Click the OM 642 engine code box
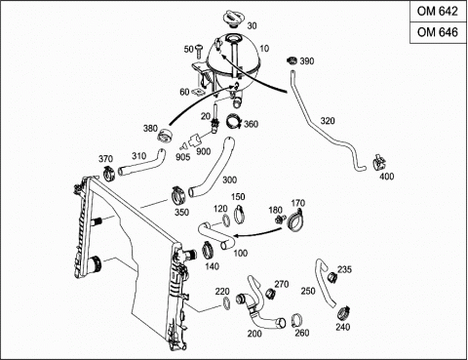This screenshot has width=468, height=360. click(x=438, y=12)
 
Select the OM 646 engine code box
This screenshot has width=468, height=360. click(x=438, y=32)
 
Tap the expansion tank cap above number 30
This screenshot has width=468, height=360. click(x=232, y=20)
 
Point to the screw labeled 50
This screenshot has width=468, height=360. click(x=198, y=51)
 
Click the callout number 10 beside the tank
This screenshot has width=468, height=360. click(x=264, y=49)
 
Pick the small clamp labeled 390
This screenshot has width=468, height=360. click(x=292, y=60)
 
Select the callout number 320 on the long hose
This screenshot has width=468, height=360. click(x=328, y=121)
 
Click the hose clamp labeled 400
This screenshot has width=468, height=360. click(x=378, y=162)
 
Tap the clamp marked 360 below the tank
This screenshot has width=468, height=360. click(x=234, y=121)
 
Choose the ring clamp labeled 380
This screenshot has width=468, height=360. click(x=165, y=136)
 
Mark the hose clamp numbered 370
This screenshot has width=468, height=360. click(x=109, y=174)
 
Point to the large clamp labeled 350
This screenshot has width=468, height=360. click(x=178, y=195)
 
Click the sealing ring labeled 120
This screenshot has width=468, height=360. click(x=226, y=220)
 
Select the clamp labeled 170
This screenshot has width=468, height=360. click(x=295, y=221)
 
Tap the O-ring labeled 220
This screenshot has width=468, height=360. click(x=227, y=303)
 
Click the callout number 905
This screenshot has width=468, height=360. click(x=182, y=157)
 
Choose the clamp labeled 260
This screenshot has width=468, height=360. click(x=296, y=320)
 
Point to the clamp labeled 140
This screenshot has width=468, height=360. click(x=209, y=251)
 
